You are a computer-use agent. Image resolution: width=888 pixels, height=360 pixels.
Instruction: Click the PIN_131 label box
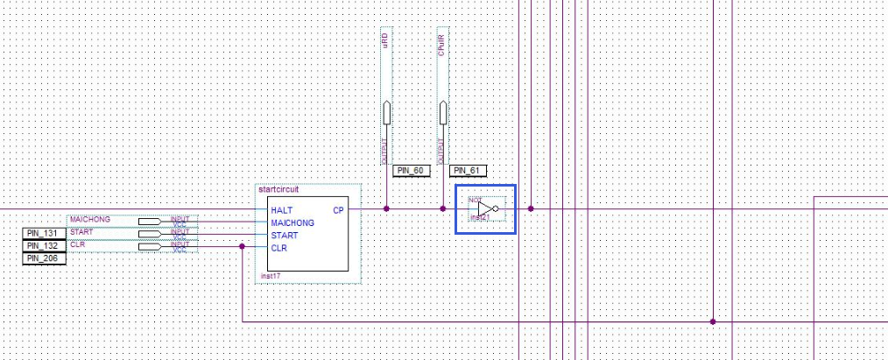pyautogui.click(x=44, y=234)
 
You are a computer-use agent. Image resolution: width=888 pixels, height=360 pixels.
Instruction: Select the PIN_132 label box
pyautogui.click(x=44, y=246)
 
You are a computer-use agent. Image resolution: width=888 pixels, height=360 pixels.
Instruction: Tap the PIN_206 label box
pyautogui.click(x=44, y=258)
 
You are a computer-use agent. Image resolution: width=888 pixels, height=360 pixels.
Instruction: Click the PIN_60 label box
pyautogui.click(x=411, y=171)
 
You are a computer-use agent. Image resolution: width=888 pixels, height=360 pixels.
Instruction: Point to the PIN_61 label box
pyautogui.click(x=469, y=171)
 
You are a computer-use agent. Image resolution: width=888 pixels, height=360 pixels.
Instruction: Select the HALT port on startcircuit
pyautogui.click(x=281, y=210)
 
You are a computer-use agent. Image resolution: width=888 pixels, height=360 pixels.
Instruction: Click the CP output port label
pyautogui.click(x=338, y=210)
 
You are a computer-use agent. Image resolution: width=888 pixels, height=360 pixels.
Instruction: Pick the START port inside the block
pyautogui.click(x=284, y=235)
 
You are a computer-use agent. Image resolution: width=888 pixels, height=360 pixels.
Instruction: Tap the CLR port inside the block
pyautogui.click(x=279, y=248)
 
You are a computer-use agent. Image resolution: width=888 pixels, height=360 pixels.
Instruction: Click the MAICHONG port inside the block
pyautogui.click(x=292, y=222)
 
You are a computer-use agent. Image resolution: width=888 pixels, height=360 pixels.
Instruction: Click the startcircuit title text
pyautogui.click(x=278, y=189)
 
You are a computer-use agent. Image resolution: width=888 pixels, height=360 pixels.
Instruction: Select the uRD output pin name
pyautogui.click(x=386, y=43)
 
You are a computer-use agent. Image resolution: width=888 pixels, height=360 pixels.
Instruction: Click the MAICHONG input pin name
pyautogui.click(x=89, y=218)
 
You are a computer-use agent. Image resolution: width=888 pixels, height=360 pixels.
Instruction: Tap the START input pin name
pyautogui.click(x=81, y=231)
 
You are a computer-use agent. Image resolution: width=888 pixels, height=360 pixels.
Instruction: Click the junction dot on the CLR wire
pyautogui.click(x=242, y=247)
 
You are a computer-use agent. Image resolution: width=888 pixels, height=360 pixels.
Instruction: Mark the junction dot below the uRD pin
pyautogui.click(x=386, y=208)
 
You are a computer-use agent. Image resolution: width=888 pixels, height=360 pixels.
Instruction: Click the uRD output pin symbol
pyautogui.click(x=386, y=114)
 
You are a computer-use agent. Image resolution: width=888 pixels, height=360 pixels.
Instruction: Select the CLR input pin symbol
pyautogui.click(x=149, y=247)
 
